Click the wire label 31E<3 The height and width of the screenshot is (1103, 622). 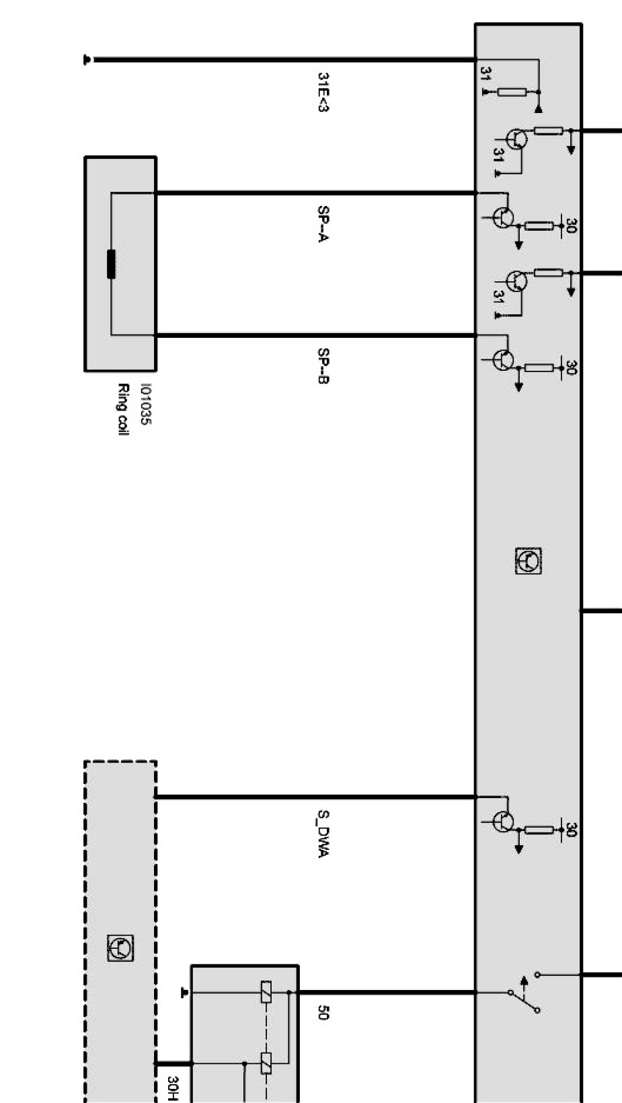coord(323,92)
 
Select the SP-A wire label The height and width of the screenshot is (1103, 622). coord(323,224)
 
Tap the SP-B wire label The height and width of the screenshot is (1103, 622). coord(323,365)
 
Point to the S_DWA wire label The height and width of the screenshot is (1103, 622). coord(323,834)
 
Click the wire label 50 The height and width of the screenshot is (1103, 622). coord(323,1012)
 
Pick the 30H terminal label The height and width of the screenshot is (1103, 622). coord(173,1087)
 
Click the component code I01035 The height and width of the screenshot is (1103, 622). coord(145,404)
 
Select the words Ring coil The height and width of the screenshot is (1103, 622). coord(123,409)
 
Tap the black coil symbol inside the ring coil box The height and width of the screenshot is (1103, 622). coord(111,264)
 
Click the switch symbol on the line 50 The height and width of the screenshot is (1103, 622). coord(524,992)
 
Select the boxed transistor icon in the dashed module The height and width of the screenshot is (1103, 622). coord(120,948)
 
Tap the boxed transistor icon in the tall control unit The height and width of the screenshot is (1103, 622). coord(529,561)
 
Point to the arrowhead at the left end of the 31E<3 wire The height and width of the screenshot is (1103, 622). coord(87,60)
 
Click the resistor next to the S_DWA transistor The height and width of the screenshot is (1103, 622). coord(539,830)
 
